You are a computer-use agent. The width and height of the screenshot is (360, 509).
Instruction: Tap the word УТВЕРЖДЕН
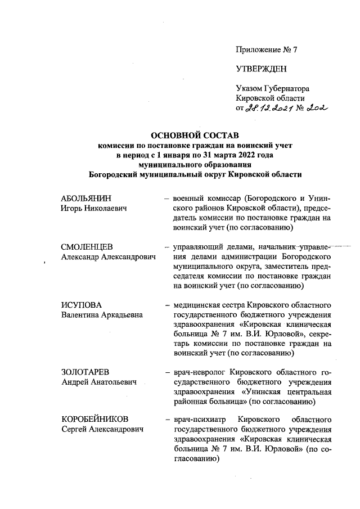pos(261,69)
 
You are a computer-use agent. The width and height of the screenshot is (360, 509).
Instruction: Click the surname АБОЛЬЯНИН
pos(86,199)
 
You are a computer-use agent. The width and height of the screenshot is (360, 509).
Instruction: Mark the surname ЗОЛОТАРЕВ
pos(85,372)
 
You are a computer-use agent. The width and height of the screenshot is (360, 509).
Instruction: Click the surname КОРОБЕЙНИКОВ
pos(94,420)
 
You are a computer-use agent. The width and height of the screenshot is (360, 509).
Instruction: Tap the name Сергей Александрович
pos(102,430)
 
